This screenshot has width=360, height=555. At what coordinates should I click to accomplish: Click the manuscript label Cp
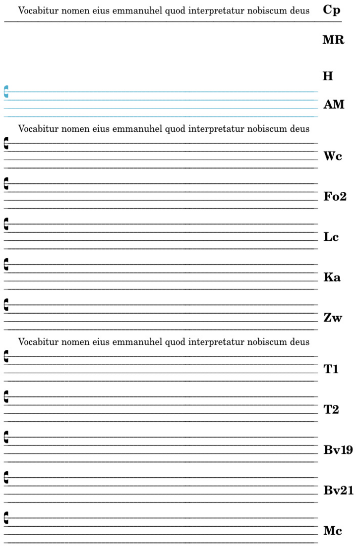point(331,10)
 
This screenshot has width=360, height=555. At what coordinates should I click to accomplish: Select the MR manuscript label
point(333,40)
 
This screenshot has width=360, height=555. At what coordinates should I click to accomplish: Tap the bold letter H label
point(328,76)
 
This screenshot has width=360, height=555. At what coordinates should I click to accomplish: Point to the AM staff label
point(333,105)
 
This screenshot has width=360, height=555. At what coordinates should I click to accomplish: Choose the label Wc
point(333,157)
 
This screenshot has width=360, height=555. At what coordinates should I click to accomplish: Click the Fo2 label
point(335,197)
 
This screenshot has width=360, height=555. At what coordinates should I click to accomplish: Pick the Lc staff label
point(331,237)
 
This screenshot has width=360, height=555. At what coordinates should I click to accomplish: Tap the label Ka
point(332,277)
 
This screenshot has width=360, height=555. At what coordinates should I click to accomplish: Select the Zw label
point(333,317)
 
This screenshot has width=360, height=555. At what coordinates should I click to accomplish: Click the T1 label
point(331,369)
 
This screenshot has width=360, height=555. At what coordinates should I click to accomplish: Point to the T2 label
point(331,409)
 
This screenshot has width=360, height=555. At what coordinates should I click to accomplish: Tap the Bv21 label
point(339,490)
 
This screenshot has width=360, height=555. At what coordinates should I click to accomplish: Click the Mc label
point(333,531)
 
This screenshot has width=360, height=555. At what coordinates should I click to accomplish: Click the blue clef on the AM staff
point(6,92)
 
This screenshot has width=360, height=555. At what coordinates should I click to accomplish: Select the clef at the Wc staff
point(6,143)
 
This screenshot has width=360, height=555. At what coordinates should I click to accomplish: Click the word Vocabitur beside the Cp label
point(37,10)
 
